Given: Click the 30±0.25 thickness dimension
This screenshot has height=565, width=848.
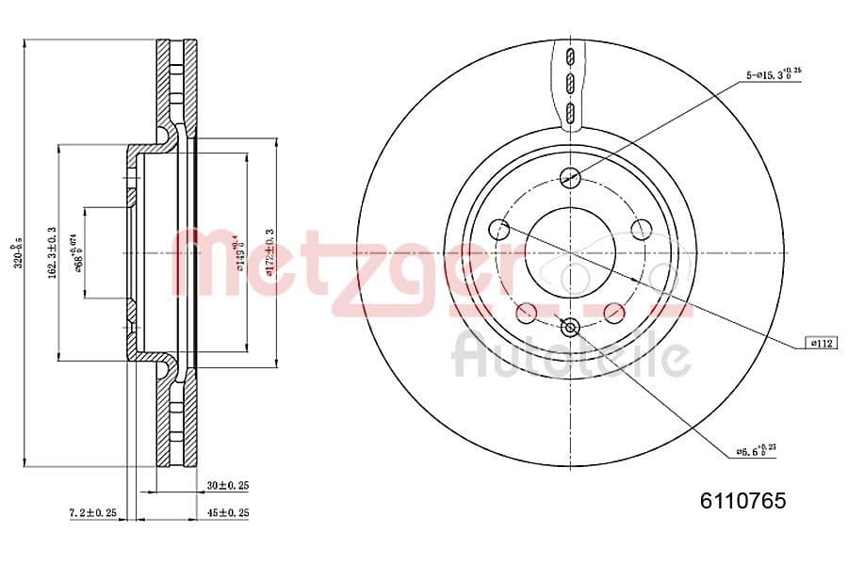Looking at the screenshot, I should (227, 486).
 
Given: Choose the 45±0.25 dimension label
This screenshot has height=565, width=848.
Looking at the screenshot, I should (227, 512).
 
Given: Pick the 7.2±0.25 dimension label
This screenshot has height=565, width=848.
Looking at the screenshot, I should (92, 512).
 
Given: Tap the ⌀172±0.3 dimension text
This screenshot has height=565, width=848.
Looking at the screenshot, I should (269, 252).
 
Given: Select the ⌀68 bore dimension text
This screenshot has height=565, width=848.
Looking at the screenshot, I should (79, 252).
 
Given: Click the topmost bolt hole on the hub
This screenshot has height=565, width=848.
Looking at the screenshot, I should (569, 176).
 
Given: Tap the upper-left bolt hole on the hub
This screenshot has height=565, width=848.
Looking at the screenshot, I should (499, 228).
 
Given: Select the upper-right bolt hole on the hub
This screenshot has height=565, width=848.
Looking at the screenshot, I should (642, 228).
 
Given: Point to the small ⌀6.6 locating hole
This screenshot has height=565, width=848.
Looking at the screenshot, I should (569, 328).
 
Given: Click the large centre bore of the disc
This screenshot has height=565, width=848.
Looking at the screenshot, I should (570, 252).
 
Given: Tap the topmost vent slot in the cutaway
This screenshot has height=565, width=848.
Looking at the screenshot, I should (569, 56).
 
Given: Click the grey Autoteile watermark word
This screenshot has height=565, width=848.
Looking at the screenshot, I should (571, 356).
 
